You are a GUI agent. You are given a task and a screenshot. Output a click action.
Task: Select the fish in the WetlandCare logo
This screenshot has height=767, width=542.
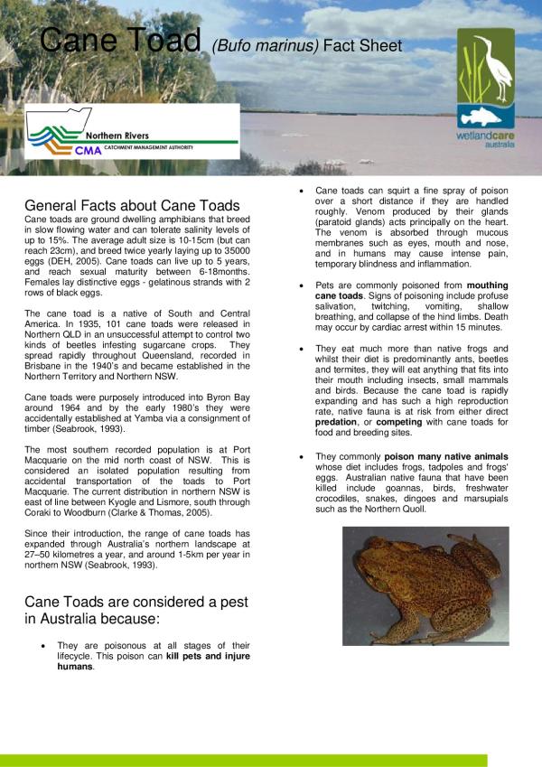[486, 115]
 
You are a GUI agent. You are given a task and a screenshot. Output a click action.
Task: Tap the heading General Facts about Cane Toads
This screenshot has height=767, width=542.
[132, 205]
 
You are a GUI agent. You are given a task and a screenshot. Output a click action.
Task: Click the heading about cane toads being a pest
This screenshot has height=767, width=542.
[135, 610]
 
